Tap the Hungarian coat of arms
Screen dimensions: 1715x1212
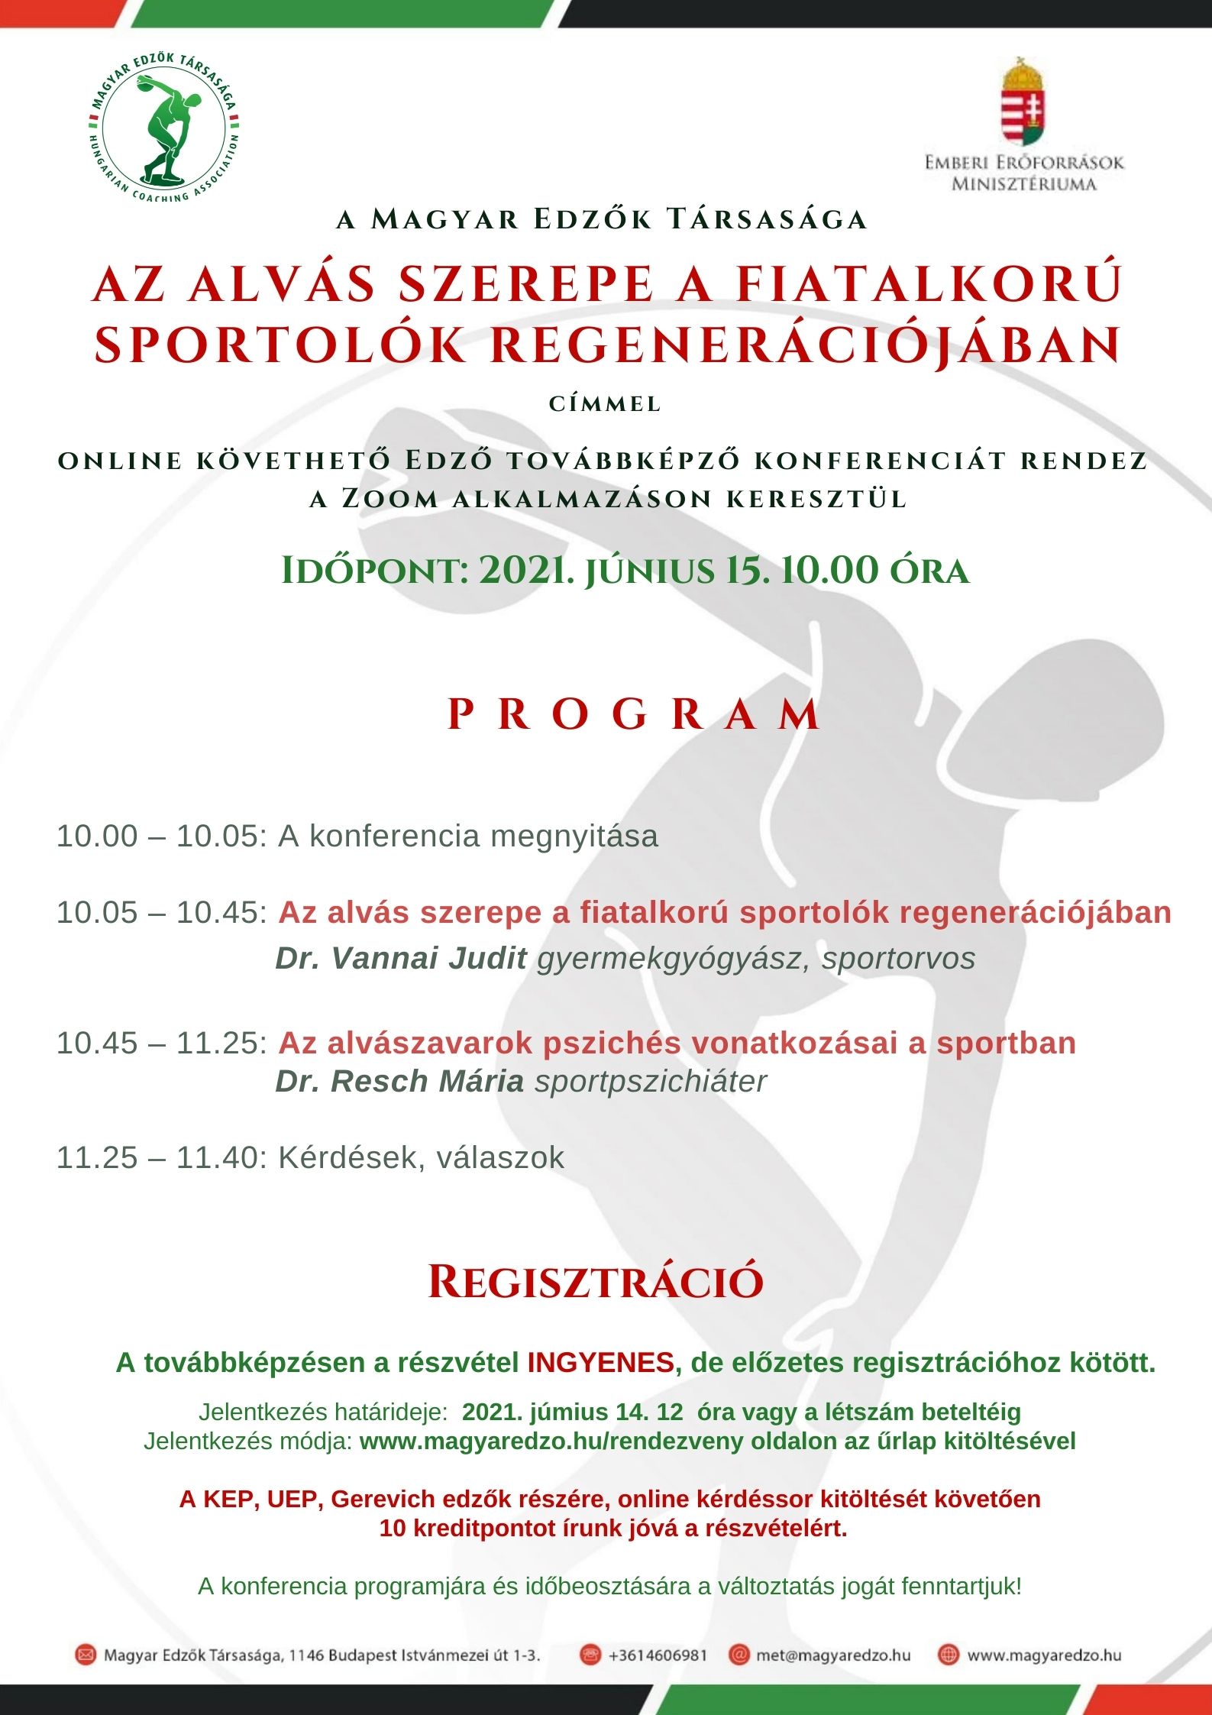[1023, 103]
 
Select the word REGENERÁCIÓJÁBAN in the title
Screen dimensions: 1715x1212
[805, 345]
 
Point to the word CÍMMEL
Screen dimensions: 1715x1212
[605, 404]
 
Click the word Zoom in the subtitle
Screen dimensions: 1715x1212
[389, 499]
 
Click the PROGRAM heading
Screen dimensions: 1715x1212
[634, 715]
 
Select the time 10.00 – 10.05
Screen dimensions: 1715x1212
[161, 836]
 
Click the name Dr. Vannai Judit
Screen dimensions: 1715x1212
[401, 958]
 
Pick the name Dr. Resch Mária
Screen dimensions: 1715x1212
[399, 1081]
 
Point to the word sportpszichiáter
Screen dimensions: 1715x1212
[651, 1081]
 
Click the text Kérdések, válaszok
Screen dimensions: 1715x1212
[421, 1157]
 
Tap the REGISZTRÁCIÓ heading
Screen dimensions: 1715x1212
[596, 1282]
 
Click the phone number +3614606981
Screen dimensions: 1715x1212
[658, 1655]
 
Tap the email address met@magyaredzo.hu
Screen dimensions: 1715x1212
[832, 1655]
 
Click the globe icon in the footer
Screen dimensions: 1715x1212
[948, 1655]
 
